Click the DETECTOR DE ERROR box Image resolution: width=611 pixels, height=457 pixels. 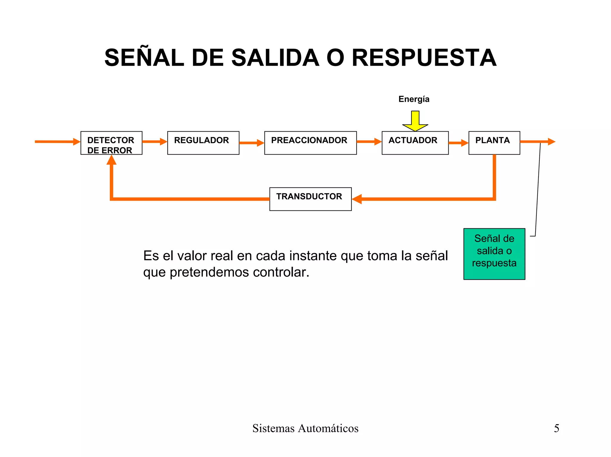(x=111, y=143)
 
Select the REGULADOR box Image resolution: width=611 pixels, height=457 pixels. (x=203, y=143)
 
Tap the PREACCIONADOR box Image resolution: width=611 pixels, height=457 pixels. (x=310, y=143)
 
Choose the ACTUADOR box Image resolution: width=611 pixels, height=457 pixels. (x=415, y=143)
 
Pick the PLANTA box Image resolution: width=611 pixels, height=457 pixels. (x=494, y=143)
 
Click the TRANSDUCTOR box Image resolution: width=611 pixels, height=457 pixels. (x=310, y=199)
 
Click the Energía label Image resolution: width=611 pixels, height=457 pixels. (x=414, y=99)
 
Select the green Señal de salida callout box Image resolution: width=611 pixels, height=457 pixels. (x=494, y=254)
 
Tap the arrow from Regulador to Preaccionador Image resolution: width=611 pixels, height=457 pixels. (x=252, y=143)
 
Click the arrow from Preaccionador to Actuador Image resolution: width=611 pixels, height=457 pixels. (x=369, y=142)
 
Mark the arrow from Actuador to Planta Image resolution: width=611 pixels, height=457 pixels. (x=458, y=143)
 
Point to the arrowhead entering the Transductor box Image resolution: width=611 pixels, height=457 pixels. (x=357, y=199)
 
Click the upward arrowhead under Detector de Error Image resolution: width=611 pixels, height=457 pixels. (x=111, y=160)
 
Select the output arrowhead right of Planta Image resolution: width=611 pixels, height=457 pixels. (x=551, y=142)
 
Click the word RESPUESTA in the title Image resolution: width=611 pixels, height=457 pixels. (x=424, y=58)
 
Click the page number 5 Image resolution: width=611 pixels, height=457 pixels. (x=556, y=428)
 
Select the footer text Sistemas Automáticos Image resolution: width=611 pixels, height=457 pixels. (x=305, y=428)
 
